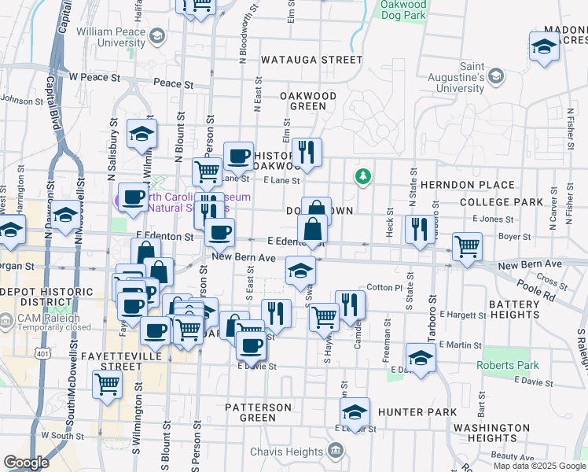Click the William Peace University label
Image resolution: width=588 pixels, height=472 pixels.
(x=111, y=37)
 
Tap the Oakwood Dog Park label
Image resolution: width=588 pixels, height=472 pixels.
(x=403, y=9)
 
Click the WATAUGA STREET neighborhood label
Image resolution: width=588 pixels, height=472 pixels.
(x=311, y=60)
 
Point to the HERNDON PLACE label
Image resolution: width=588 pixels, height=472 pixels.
(x=467, y=185)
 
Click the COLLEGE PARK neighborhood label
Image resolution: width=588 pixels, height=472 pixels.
(x=501, y=202)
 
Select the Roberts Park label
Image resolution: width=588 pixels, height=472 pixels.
(x=508, y=365)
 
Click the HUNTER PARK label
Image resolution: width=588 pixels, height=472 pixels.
(x=417, y=412)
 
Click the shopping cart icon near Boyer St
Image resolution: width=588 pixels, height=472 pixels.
(x=467, y=245)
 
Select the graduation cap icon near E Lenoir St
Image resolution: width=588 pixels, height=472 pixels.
(x=355, y=411)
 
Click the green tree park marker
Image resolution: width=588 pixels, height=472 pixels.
(x=362, y=175)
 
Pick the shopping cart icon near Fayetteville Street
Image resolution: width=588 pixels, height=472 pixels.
(x=107, y=385)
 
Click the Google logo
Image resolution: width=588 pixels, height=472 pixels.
(x=26, y=463)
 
